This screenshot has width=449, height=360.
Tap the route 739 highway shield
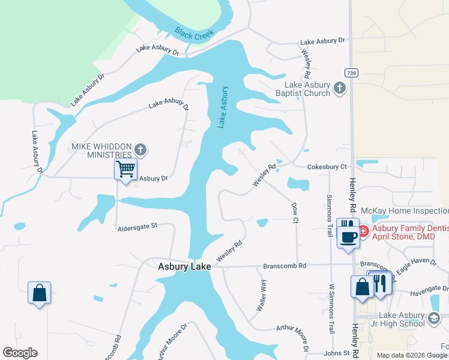pos(352,73)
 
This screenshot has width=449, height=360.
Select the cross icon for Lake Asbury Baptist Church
pos(340,89)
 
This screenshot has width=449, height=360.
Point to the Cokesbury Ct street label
pos(327,166)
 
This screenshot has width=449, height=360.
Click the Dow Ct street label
pos(295,212)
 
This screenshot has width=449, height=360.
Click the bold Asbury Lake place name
pos(184,266)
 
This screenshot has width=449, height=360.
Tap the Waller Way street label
pos(262,295)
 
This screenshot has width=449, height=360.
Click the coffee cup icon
pos(348,235)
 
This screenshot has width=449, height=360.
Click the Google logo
pos(20,353)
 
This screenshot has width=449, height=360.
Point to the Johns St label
pos(337,353)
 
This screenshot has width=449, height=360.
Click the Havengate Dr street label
pos(429,293)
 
